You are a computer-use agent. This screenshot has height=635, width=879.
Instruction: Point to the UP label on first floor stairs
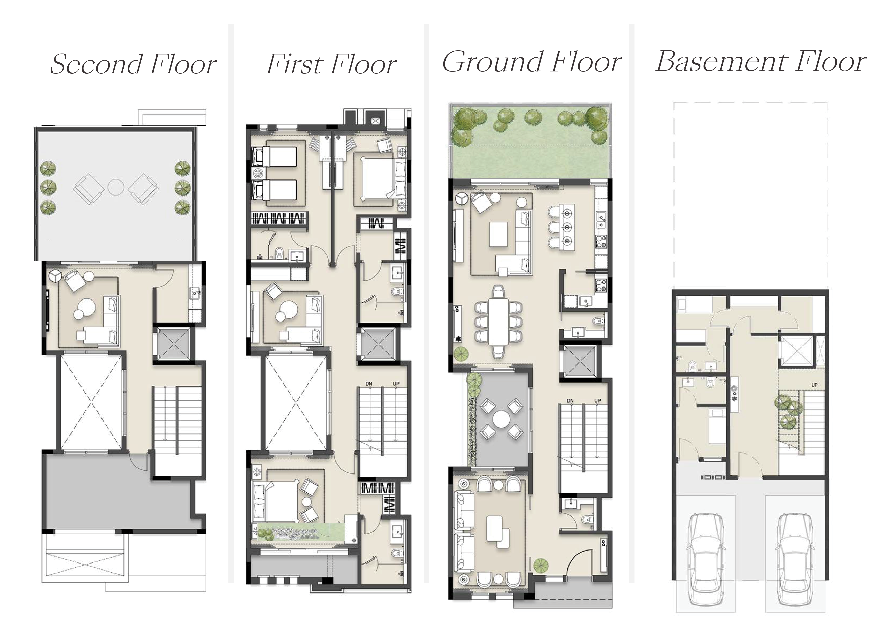click(x=396, y=384)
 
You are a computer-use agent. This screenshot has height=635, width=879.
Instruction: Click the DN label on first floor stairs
click(x=369, y=384)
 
